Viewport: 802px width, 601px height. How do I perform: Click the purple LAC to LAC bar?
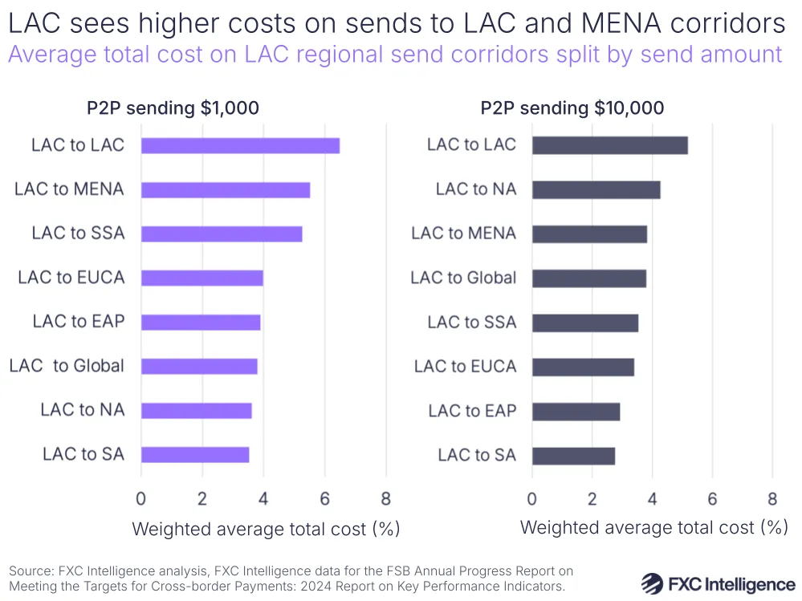pyautogui.click(x=240, y=145)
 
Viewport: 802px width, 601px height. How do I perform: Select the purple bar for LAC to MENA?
pyautogui.click(x=226, y=189)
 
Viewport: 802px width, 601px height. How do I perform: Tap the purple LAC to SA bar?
pyautogui.click(x=195, y=454)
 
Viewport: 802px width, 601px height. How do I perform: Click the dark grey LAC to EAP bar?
pyautogui.click(x=576, y=412)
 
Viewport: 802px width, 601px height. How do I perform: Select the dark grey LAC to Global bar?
pyautogui.click(x=588, y=278)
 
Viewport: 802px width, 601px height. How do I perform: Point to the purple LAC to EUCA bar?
pyautogui.click(x=202, y=278)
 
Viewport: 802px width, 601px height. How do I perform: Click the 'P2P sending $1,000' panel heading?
pyautogui.click(x=173, y=108)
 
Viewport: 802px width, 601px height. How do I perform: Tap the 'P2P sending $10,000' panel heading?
pyautogui.click(x=572, y=108)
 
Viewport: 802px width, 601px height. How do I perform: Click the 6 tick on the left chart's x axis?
pyautogui.click(x=324, y=498)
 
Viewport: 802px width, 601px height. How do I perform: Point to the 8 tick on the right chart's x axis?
pyautogui.click(x=772, y=498)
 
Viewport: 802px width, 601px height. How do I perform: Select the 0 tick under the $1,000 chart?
pyautogui.click(x=141, y=498)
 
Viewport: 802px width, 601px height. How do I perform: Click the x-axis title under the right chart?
pyautogui.click(x=653, y=527)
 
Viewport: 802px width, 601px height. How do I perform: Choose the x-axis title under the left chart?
pyautogui.click(x=266, y=529)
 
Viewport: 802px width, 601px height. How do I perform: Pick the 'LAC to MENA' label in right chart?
pyautogui.click(x=463, y=233)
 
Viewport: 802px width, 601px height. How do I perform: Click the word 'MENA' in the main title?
pyautogui.click(x=618, y=24)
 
